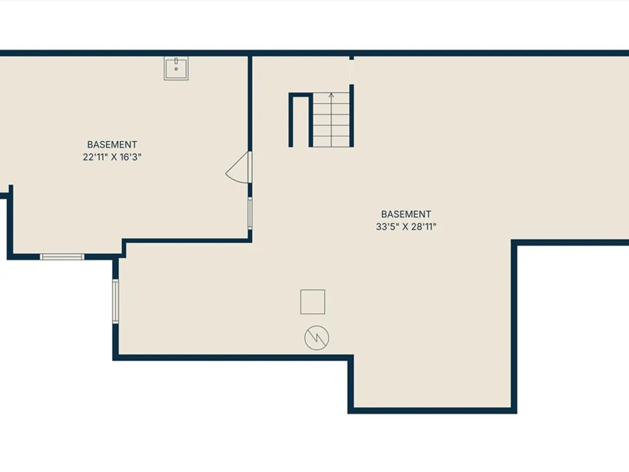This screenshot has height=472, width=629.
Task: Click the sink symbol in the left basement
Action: [x=176, y=68]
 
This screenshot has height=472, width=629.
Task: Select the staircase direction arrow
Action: [x=331, y=120]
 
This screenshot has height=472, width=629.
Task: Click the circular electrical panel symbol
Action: [x=316, y=337]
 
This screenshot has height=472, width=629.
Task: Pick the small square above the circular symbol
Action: [x=313, y=302]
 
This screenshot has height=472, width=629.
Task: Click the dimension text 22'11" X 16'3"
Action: [x=112, y=157]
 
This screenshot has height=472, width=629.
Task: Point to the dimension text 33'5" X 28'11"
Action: [x=406, y=227]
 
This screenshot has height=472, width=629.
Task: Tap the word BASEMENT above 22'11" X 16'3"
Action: [x=112, y=145]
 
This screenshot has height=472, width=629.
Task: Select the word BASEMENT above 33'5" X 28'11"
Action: [x=406, y=215]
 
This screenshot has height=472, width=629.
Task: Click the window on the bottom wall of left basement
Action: [x=62, y=257]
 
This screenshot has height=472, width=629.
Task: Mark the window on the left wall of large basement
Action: [x=116, y=301]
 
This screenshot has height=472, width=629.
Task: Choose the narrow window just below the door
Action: [x=250, y=213]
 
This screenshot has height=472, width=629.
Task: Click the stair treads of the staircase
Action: [x=331, y=120]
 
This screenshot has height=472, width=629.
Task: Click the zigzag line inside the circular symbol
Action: [x=317, y=337]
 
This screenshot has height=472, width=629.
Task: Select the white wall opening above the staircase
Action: [x=352, y=72]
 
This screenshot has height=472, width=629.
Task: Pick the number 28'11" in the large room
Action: [x=423, y=227]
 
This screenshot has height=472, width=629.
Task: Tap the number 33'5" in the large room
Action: [x=386, y=227]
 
